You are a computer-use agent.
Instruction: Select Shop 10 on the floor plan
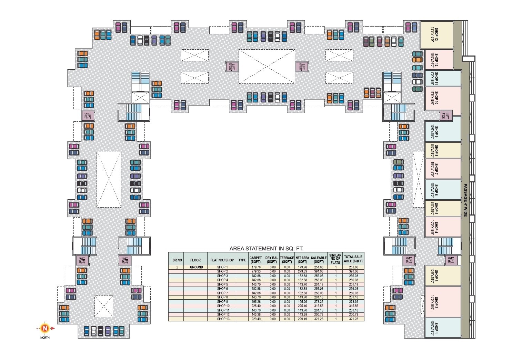(x=436, y=98)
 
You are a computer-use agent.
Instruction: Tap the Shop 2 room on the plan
(x=436, y=302)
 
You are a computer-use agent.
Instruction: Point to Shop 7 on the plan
(x=436, y=169)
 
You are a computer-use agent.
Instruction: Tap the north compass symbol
(x=44, y=328)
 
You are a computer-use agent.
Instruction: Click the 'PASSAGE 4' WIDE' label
(x=465, y=200)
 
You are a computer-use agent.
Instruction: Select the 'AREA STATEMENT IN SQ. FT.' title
(x=266, y=248)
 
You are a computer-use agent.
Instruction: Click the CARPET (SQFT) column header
(x=255, y=259)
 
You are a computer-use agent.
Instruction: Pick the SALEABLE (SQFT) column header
(x=319, y=259)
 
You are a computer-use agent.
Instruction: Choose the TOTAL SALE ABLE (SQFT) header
(x=353, y=259)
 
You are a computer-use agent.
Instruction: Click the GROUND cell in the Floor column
(x=196, y=267)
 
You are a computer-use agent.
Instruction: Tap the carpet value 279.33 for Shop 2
(x=255, y=271)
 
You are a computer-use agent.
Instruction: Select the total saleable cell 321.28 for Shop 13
(x=353, y=319)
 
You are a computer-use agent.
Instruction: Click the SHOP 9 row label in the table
(x=222, y=302)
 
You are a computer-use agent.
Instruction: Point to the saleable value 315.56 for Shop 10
(x=319, y=306)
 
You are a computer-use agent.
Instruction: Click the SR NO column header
(x=177, y=260)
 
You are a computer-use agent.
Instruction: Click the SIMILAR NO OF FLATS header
(x=335, y=259)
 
